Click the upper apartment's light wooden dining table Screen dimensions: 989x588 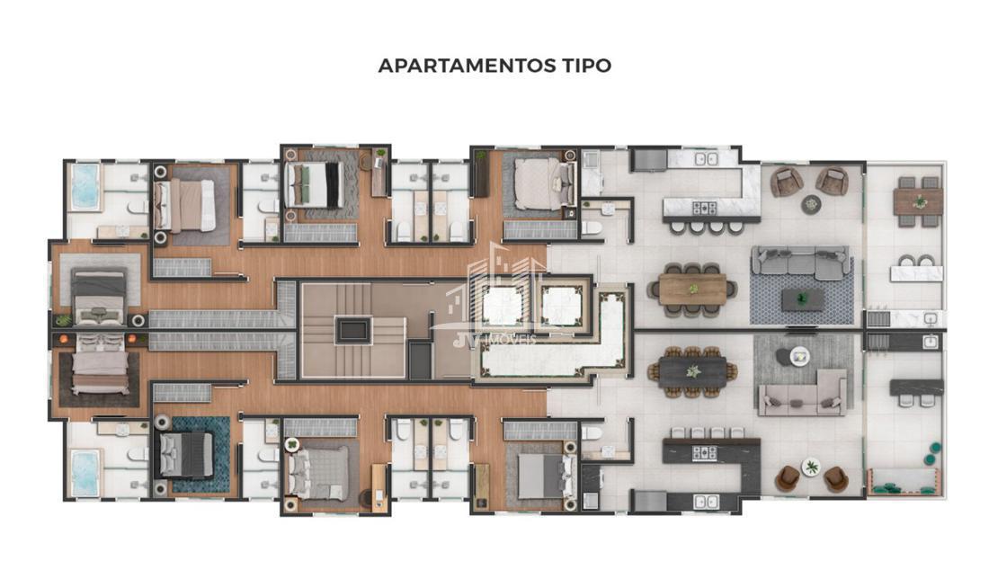(x=692, y=290)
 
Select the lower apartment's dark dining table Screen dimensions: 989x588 (x=692, y=371)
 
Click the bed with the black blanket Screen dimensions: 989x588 (x=314, y=185)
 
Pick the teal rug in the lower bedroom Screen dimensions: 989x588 (x=200, y=454)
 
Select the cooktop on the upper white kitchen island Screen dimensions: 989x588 (x=705, y=208)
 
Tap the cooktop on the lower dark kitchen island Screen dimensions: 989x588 (x=705, y=452)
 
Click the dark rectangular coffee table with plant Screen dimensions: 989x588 (x=802, y=299)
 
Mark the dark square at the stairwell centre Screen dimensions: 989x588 (x=353, y=330)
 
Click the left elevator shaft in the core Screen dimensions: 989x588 (x=503, y=307)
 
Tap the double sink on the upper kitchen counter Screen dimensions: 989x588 (x=706, y=159)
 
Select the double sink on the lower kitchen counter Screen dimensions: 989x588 (x=706, y=502)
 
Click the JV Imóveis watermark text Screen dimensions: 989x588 (x=494, y=340)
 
